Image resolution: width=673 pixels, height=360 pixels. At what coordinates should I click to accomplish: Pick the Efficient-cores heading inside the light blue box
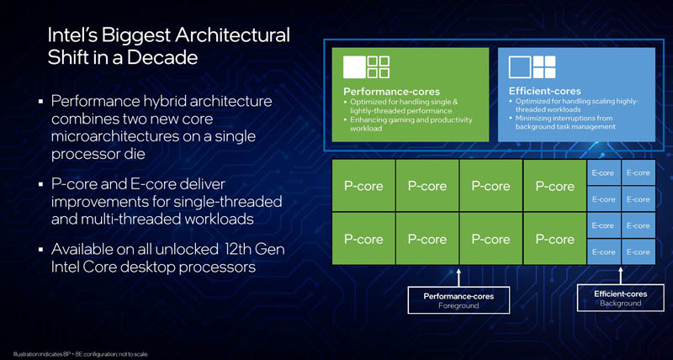(x=545, y=91)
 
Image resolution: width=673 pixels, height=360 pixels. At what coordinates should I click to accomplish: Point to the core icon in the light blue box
(x=533, y=66)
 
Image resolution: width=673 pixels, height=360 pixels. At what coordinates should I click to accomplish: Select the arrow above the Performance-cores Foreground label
(x=458, y=276)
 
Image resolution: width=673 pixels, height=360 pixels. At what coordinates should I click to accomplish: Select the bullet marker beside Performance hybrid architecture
(x=40, y=101)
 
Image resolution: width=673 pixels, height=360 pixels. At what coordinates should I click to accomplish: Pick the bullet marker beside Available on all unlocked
(x=40, y=250)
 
